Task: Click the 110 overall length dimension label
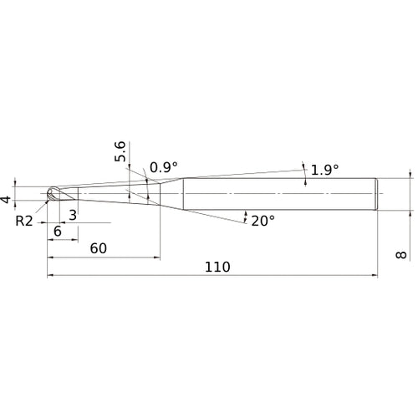(x=217, y=267)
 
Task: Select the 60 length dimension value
(x=99, y=248)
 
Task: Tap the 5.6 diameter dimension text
(x=120, y=151)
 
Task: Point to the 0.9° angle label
(x=164, y=167)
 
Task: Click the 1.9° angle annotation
(x=324, y=170)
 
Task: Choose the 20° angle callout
(x=263, y=221)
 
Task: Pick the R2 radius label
(x=24, y=222)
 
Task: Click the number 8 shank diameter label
(x=401, y=255)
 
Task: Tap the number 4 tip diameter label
(x=6, y=200)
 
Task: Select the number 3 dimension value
(x=73, y=215)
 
